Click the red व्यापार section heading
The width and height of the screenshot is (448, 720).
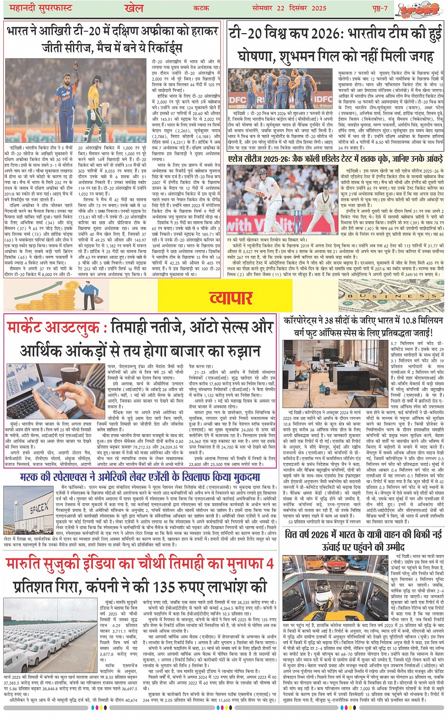tap(230, 298)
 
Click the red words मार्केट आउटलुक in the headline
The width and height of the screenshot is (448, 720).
tap(54, 328)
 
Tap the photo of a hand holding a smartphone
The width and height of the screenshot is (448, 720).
tap(55, 391)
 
